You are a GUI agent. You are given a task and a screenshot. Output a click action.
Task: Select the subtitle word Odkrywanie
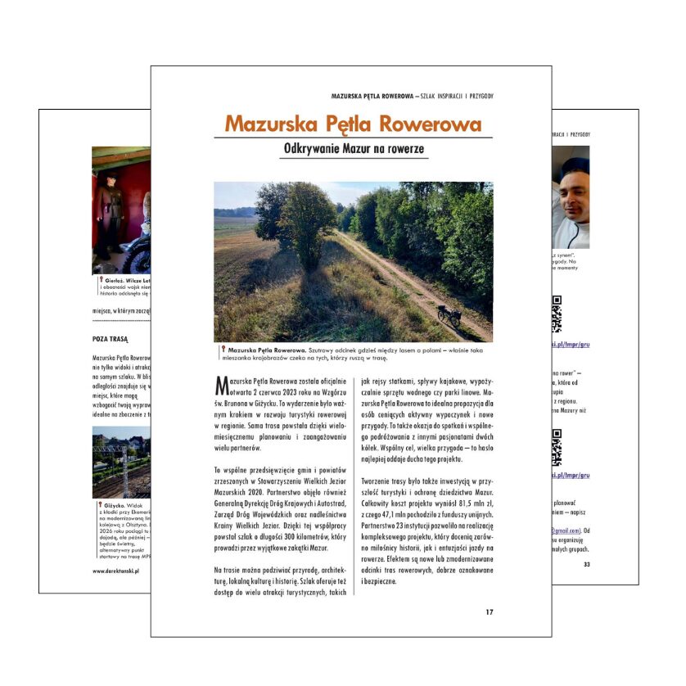312,150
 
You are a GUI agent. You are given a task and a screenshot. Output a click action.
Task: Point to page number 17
489,612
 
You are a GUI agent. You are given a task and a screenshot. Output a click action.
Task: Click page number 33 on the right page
585,564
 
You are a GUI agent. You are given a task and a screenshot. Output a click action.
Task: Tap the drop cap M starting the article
219,385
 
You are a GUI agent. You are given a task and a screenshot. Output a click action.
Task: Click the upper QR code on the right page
557,310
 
